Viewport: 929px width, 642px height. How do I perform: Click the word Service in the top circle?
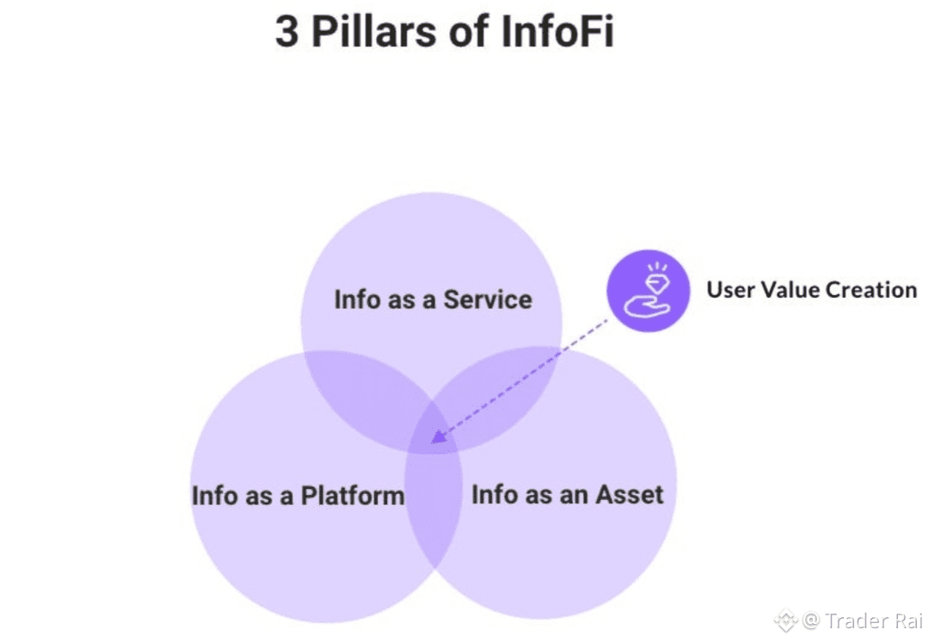point(488,299)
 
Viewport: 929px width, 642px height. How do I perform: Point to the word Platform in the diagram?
point(353,496)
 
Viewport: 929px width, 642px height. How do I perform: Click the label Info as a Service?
point(433,299)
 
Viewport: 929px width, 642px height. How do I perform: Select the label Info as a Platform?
point(298,496)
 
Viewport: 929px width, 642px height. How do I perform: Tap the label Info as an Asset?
point(568,495)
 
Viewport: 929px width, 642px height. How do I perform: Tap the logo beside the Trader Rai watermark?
point(784,620)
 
